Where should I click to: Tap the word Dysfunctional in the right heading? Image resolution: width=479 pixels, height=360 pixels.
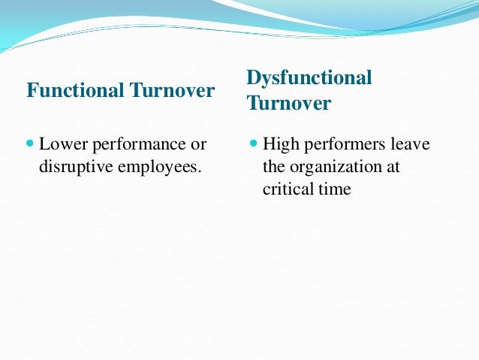(x=309, y=78)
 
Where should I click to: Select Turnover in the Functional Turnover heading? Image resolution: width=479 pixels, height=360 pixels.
(x=173, y=91)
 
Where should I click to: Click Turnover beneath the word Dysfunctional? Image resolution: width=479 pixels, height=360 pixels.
(x=288, y=103)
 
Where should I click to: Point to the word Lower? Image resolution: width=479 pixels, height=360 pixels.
(x=62, y=144)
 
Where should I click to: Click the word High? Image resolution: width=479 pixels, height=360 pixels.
(x=281, y=144)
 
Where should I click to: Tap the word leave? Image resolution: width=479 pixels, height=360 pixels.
(x=410, y=144)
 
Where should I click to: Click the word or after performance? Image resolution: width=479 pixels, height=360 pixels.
(x=198, y=144)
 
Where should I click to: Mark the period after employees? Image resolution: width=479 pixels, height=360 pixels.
(x=201, y=170)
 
